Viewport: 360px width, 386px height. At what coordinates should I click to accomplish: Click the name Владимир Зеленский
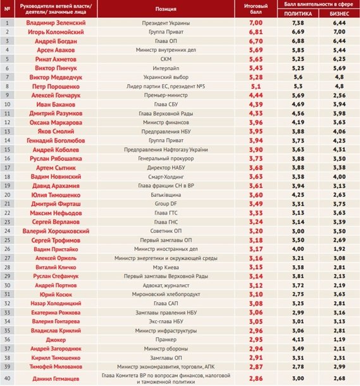pyautogui.click(x=57, y=22)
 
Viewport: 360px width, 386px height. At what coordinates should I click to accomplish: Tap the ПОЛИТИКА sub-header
pyautogui.click(x=298, y=13)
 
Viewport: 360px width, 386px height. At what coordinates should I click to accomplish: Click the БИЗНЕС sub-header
pyautogui.click(x=338, y=13)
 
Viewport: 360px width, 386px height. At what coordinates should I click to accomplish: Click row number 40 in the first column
pyautogui.click(x=7, y=377)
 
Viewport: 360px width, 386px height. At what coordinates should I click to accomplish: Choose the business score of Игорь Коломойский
pyautogui.click(x=338, y=31)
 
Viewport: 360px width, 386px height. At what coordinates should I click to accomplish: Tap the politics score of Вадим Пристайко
pyautogui.click(x=298, y=249)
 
